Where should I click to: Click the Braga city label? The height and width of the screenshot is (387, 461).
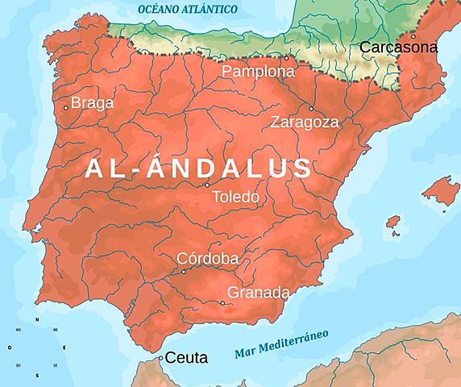point(93,103)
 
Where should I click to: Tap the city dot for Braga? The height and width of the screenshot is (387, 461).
point(66,107)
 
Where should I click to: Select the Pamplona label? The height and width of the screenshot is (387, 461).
point(258,72)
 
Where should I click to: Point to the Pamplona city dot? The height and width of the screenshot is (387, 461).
point(286,58)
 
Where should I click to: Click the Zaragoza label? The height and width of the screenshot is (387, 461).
point(305,123)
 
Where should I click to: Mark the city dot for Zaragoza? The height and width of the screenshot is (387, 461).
point(311,109)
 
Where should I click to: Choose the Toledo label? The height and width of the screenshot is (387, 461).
point(235,197)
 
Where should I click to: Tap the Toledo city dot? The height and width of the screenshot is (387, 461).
point(206,185)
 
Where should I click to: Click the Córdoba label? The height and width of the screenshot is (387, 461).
point(207,259)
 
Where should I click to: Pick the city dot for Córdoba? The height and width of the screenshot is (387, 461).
point(184,272)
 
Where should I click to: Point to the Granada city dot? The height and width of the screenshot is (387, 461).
point(222,303)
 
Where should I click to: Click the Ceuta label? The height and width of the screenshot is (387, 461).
point(187,357)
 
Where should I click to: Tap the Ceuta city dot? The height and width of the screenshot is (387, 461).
point(161,357)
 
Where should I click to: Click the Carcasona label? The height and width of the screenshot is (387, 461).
point(398,48)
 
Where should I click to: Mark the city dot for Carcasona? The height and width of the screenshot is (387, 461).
point(413,36)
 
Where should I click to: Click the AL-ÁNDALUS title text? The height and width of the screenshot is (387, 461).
point(197,168)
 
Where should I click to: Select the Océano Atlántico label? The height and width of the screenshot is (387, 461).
point(187,9)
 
